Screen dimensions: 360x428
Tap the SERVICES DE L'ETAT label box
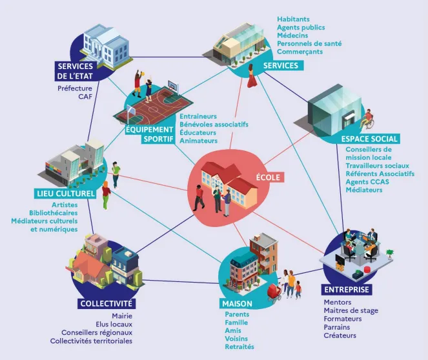76,71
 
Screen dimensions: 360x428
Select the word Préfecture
75,88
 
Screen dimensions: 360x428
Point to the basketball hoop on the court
172,85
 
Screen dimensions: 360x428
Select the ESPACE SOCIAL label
369,139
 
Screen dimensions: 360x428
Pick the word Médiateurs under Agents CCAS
364,190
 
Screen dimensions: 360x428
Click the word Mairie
121,316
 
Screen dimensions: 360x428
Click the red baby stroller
275,292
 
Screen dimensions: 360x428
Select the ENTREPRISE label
347,290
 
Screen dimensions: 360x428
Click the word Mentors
337,302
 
